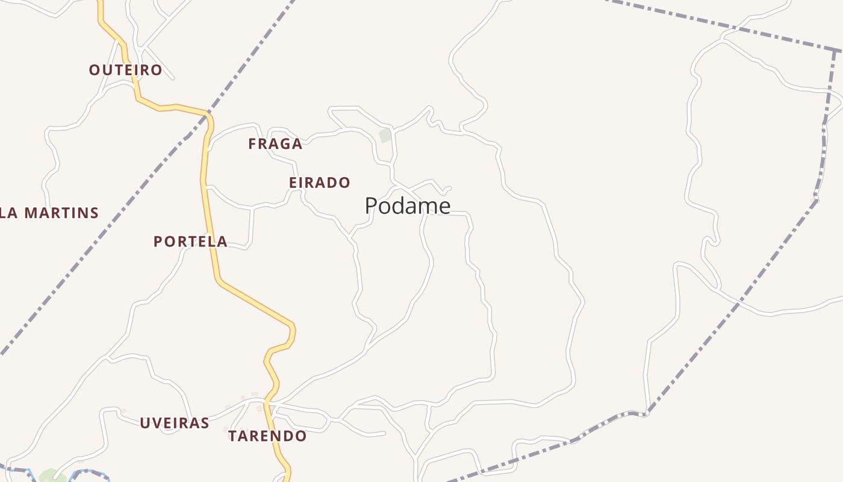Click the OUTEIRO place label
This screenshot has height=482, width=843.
[x=125, y=70]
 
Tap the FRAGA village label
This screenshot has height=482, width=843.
[x=275, y=144]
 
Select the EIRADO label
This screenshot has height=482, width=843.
[x=319, y=183]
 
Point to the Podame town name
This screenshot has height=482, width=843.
[x=408, y=206]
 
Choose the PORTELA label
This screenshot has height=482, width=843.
[x=190, y=242]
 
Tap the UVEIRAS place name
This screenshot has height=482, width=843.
[x=175, y=423]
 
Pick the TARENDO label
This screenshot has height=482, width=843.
[x=267, y=436]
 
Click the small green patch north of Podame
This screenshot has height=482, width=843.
[x=385, y=136]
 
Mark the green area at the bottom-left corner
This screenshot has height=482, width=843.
[x=51, y=476]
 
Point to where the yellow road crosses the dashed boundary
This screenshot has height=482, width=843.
[x=207, y=113]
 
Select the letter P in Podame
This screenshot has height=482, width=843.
[x=371, y=206]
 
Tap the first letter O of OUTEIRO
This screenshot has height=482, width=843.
[x=94, y=70]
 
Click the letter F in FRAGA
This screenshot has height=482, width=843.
[x=252, y=144]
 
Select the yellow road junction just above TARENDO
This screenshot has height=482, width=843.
[x=267, y=399]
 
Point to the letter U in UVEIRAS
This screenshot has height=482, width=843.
[x=145, y=423]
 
